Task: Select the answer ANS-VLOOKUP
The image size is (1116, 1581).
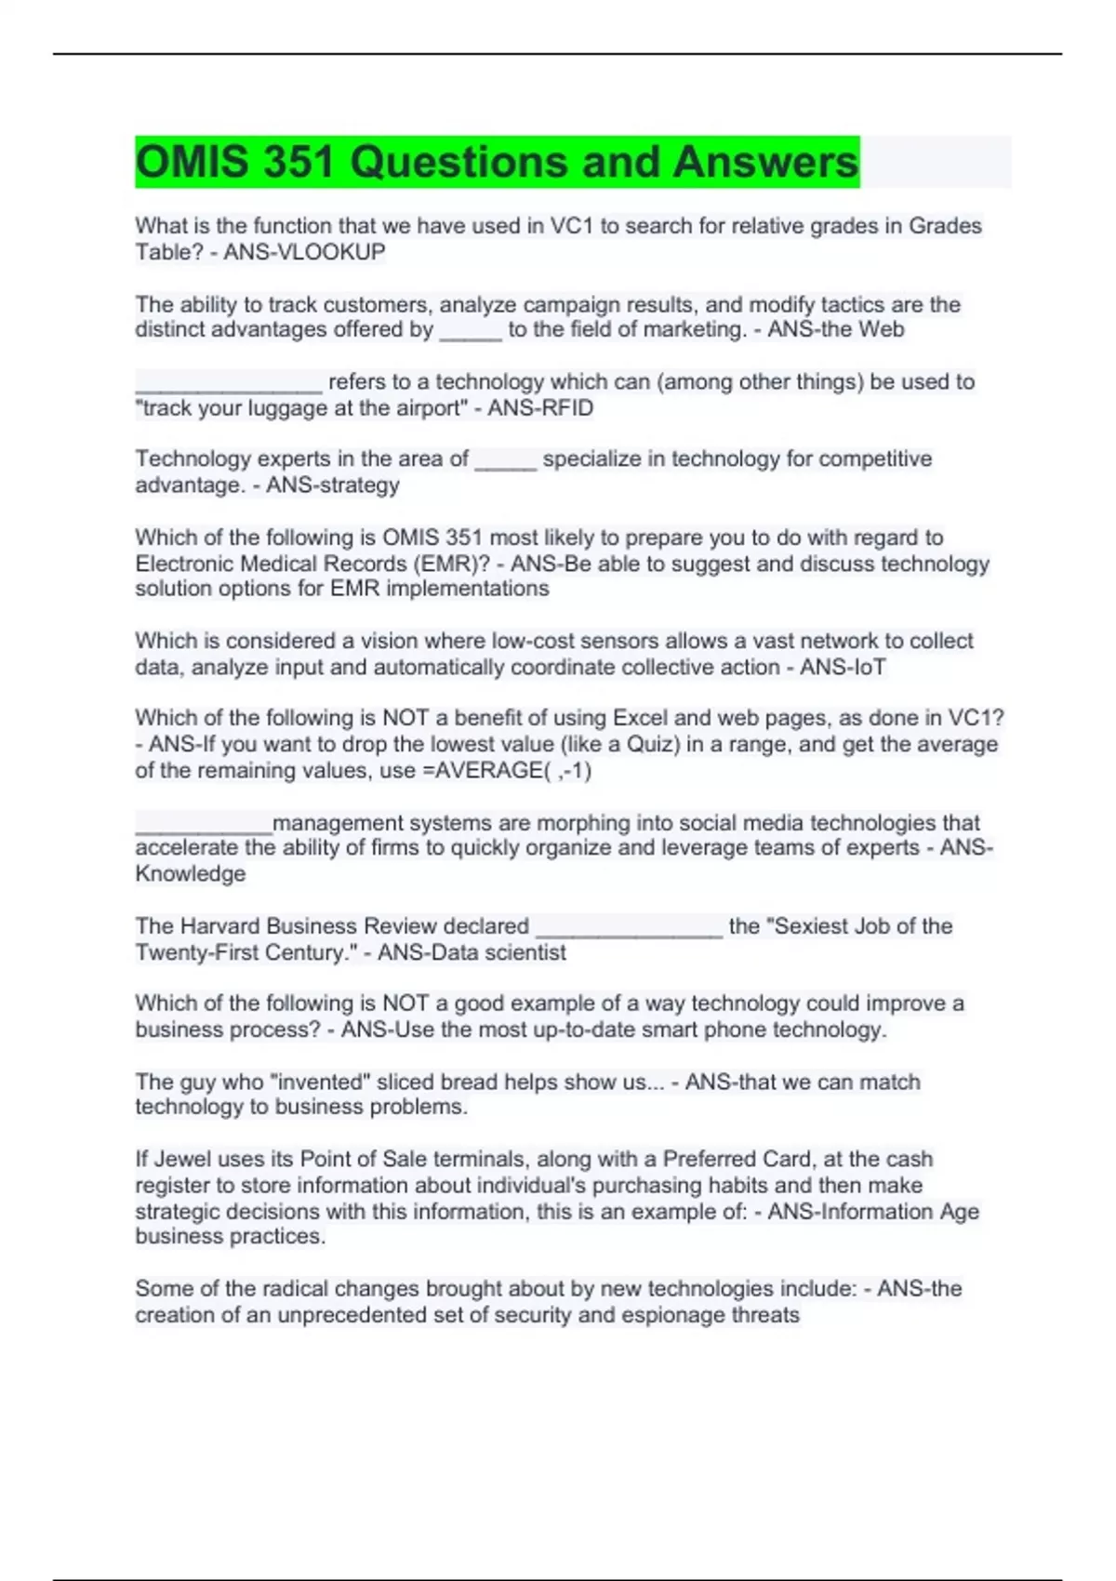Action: tap(304, 252)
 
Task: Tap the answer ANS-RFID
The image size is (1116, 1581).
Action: tap(540, 408)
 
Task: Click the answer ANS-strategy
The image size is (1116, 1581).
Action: tap(333, 485)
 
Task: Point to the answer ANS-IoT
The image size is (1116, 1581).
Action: tap(843, 667)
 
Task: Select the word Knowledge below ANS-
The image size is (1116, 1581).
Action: tap(191, 874)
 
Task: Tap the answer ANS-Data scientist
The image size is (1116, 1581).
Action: tap(472, 952)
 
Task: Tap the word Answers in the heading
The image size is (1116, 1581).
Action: tap(764, 162)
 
